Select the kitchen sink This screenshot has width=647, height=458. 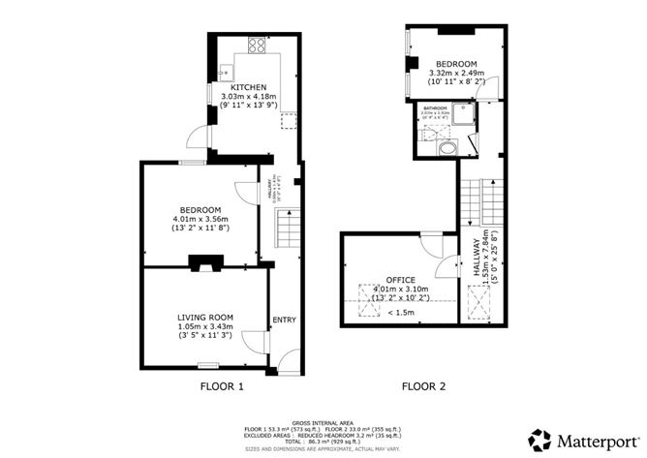pyautogui.click(x=225, y=71)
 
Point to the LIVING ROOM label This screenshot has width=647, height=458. pyautogui.click(x=205, y=317)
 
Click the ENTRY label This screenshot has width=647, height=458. pyautogui.click(x=284, y=321)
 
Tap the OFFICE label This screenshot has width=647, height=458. pyautogui.click(x=400, y=280)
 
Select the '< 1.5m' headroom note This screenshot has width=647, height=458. pyautogui.click(x=401, y=312)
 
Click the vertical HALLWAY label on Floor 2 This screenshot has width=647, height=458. pyautogui.click(x=478, y=260)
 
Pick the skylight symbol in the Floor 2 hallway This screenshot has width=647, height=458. pyautogui.click(x=478, y=308)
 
